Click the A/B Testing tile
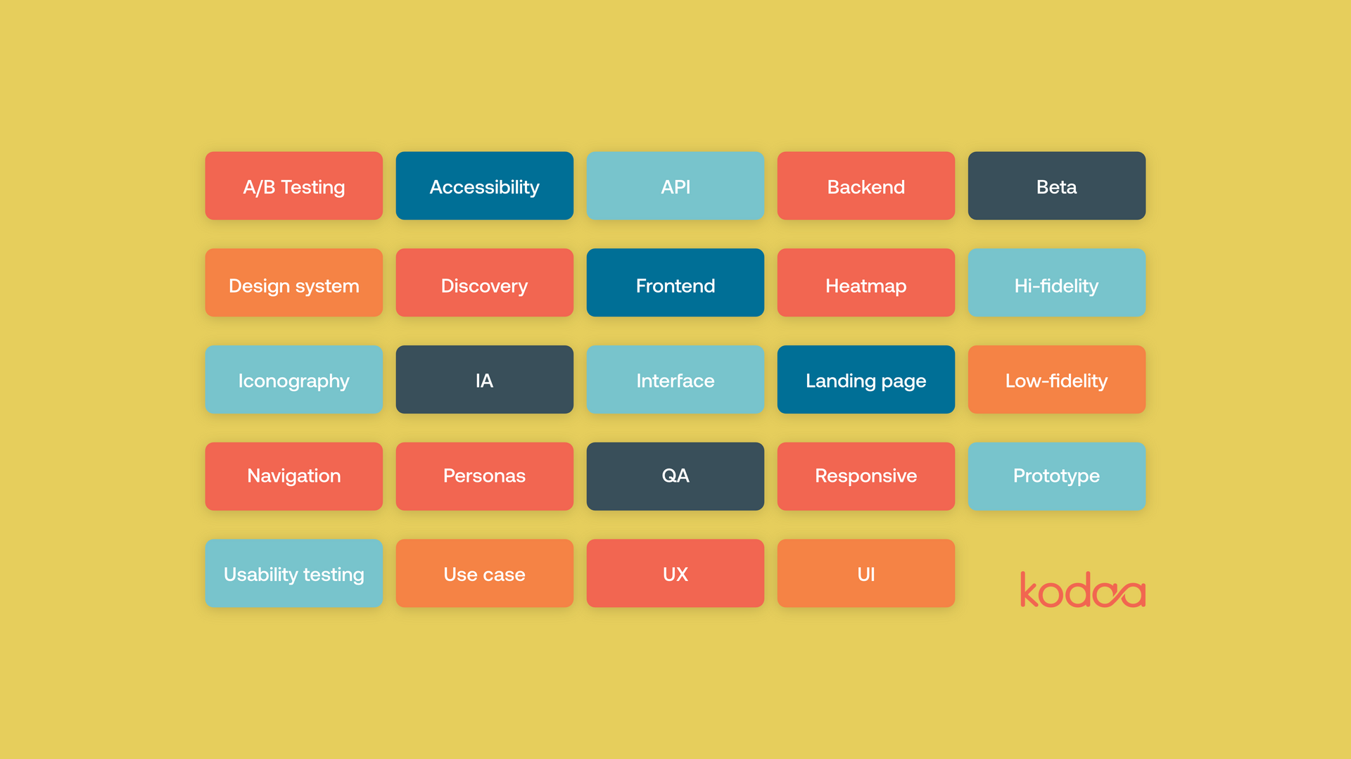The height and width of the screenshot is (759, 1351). point(294,186)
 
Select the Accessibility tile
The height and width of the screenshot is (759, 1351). point(485,186)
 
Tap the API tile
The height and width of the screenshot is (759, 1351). point(675,186)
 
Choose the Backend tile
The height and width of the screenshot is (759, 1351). point(866,186)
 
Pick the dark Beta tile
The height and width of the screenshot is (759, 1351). point(1057,186)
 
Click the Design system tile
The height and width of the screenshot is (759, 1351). point(294,283)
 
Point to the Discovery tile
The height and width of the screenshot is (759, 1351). point(485,283)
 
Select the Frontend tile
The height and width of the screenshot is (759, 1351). point(675,283)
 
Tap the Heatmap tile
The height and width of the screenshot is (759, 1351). point(866,283)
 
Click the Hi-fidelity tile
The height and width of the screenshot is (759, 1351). point(1057,283)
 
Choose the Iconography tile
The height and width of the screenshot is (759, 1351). point(294,379)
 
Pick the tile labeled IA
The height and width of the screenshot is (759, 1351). point(485,379)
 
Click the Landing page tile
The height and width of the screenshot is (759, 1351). point(866,379)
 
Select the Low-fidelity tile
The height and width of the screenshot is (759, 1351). point(1057,379)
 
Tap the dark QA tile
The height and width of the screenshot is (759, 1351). point(675,476)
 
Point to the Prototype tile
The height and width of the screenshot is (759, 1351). point(1057,476)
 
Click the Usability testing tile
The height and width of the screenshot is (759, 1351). point(294,573)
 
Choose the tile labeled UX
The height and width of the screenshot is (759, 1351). point(675,573)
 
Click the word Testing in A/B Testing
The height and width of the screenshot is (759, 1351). point(313,188)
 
